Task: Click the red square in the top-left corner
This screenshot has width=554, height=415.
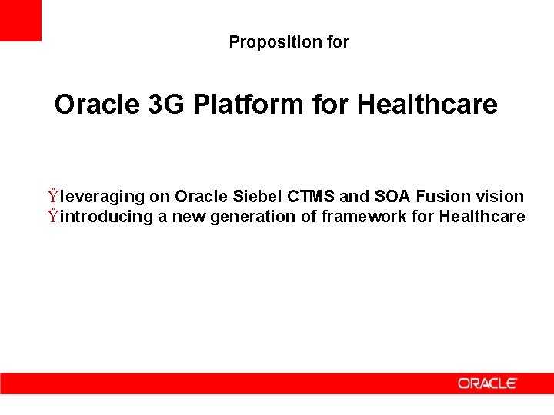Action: pyautogui.click(x=20, y=20)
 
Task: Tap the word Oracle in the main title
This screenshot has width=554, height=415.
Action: pyautogui.click(x=96, y=105)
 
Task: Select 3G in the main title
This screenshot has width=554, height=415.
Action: pyautogui.click(x=165, y=105)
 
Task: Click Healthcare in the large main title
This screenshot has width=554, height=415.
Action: pyautogui.click(x=427, y=105)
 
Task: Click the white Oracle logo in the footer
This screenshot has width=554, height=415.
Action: pyautogui.click(x=487, y=383)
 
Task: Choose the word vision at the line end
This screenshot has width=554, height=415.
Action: pyautogui.click(x=500, y=197)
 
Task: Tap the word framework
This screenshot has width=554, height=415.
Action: pyautogui.click(x=364, y=217)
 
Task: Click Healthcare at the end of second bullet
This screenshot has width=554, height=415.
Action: pyautogui.click(x=482, y=217)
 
